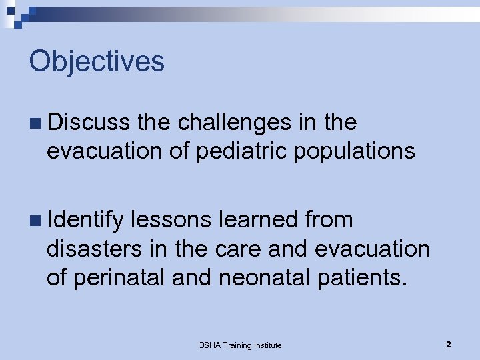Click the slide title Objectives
coord(97,62)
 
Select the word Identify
coord(85,219)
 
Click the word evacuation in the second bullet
coord(372,249)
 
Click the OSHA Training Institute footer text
coord(240,345)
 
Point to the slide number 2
coord(449,344)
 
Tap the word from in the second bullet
coord(329,219)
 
